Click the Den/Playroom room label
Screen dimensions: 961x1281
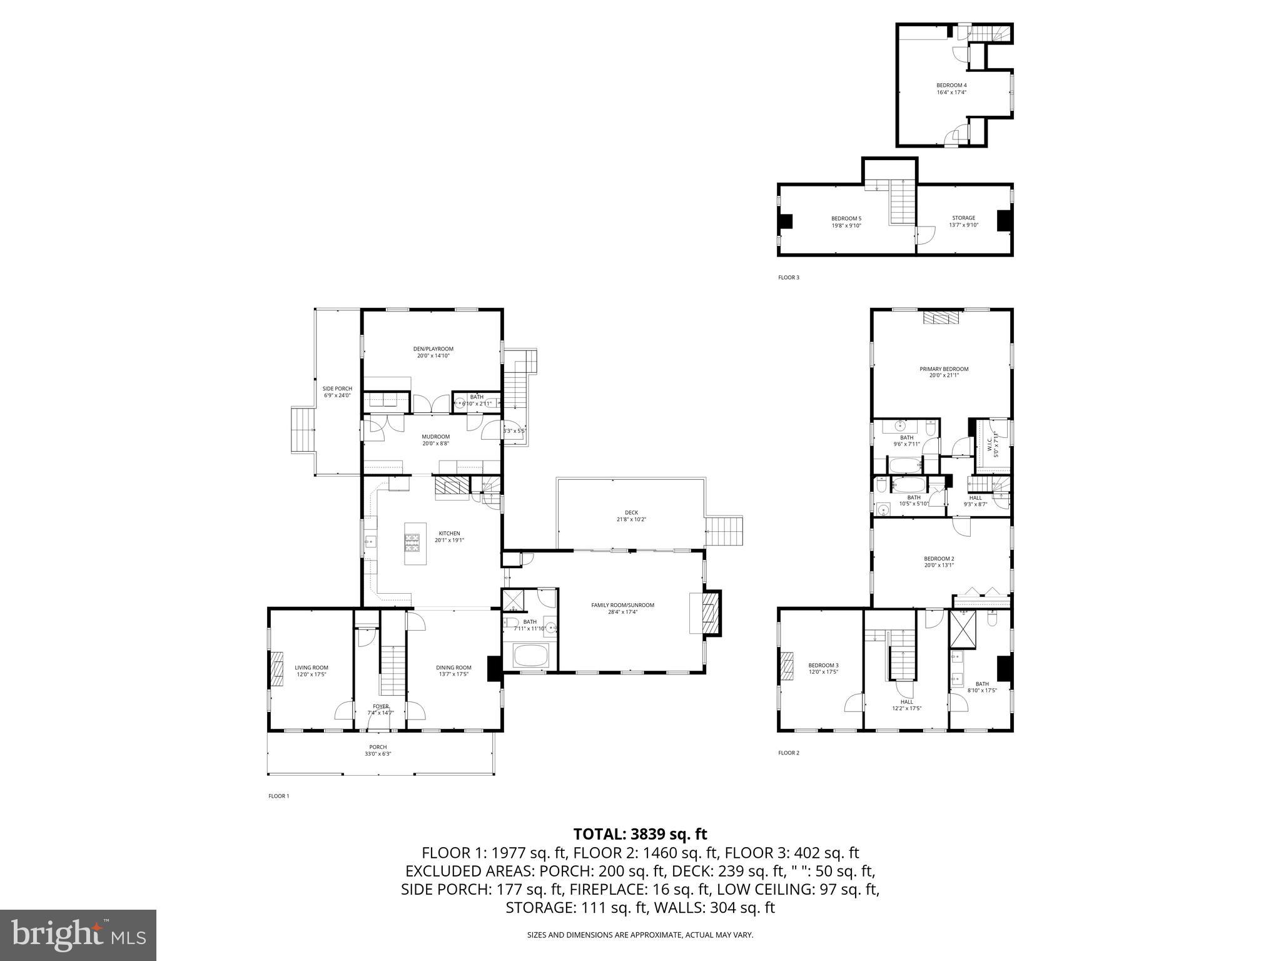click(433, 349)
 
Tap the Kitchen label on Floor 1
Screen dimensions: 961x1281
click(449, 534)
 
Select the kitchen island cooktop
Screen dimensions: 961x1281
click(413, 542)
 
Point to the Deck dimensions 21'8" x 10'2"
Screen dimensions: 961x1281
click(631, 519)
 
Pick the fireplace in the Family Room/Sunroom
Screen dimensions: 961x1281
click(711, 613)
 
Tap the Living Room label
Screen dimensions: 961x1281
click(311, 668)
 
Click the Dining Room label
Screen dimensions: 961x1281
click(453, 668)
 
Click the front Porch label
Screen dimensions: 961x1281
click(378, 747)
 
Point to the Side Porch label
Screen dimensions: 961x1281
click(337, 389)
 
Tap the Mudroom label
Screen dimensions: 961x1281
click(435, 437)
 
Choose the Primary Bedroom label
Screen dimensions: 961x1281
click(943, 369)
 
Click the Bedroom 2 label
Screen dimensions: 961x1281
click(939, 559)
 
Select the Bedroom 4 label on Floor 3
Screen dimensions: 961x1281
click(951, 85)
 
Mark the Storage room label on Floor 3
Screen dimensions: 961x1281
click(963, 218)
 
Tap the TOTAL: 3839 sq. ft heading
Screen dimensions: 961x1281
click(640, 834)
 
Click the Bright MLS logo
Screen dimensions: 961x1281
click(78, 935)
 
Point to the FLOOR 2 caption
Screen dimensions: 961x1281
click(788, 753)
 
